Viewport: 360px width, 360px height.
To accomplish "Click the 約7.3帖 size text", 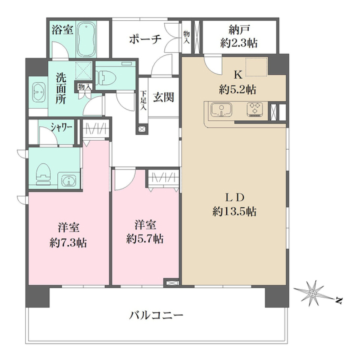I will coord(69,243).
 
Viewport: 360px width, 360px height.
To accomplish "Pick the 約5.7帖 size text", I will coord(145,239).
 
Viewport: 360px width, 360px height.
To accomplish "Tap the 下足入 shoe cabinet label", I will coord(143,100).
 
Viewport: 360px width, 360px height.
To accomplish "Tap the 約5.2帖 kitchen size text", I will coord(238,90).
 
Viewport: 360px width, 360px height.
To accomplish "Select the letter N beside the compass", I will coord(339,300).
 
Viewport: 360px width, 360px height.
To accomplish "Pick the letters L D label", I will coord(235,197).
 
